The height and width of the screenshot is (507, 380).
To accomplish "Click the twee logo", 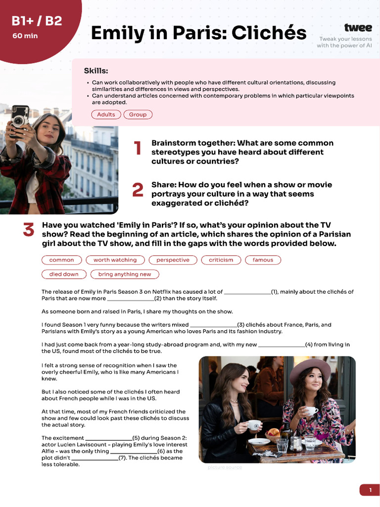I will pyautogui.click(x=358, y=28).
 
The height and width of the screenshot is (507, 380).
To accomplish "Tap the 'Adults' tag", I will pyautogui.click(x=106, y=114).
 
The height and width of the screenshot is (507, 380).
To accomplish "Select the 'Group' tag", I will pyautogui.click(x=138, y=114).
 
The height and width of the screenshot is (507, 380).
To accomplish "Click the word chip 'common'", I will pyautogui.click(x=61, y=259).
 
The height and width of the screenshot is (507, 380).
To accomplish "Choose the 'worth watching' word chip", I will pyautogui.click(x=115, y=259).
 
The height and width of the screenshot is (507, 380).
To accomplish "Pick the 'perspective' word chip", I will pyautogui.click(x=173, y=259).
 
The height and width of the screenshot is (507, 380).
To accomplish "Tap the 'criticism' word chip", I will pyautogui.click(x=221, y=259).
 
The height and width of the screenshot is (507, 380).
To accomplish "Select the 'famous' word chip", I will pyautogui.click(x=263, y=259).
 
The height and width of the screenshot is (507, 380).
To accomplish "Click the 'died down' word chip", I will pyautogui.click(x=63, y=274).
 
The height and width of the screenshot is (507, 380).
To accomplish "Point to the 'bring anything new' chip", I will pyautogui.click(x=125, y=274).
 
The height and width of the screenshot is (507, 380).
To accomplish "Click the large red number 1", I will pyautogui.click(x=138, y=148).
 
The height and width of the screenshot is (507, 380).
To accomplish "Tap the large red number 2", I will pyautogui.click(x=138, y=190).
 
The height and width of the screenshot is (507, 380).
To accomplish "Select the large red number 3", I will pyautogui.click(x=29, y=230).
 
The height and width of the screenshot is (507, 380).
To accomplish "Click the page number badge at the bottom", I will pyautogui.click(x=370, y=490).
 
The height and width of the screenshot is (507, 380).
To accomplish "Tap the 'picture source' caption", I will pyautogui.click(x=225, y=467).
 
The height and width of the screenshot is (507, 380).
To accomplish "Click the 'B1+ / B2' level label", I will pyautogui.click(x=37, y=21).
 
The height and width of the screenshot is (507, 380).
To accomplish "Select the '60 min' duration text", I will pyautogui.click(x=25, y=36).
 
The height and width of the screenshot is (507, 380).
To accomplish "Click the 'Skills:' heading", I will pyautogui.click(x=95, y=71).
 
